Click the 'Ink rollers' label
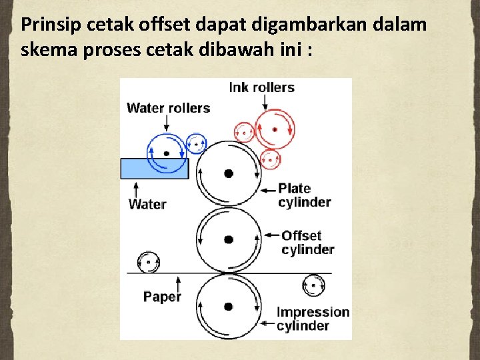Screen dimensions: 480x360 click(261, 87)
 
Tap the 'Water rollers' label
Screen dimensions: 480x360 click(168, 108)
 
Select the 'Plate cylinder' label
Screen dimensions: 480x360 click(304, 195)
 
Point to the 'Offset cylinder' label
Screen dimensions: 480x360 click(307, 243)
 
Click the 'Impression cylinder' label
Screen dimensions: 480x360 click(312, 319)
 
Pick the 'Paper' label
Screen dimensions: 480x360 click(162, 297)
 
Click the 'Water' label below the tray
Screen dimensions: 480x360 click(147, 204)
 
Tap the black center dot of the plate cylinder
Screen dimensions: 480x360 click(229, 173)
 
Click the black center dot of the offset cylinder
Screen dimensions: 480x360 click(229, 239)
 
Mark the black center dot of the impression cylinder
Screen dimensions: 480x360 click(229, 307)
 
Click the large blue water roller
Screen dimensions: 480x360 click(166, 153)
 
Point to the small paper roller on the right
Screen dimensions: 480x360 click(313, 285)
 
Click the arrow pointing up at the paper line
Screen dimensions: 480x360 click(179, 281)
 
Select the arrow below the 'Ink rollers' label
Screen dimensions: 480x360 click(265, 101)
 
